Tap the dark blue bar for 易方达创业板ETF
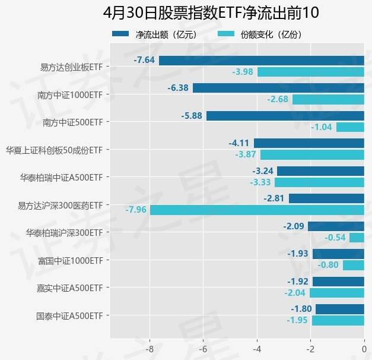261,60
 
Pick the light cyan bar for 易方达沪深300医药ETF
257,210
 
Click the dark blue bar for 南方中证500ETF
285,115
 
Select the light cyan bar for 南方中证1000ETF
328,99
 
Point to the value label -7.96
136,210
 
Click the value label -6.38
178,88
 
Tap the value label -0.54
335,238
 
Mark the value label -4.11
239,143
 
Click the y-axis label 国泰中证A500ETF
69,315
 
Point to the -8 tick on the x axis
150,349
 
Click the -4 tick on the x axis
257,349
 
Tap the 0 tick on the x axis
364,349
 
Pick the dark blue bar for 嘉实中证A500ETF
338,282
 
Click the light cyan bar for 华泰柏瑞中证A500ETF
311,182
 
